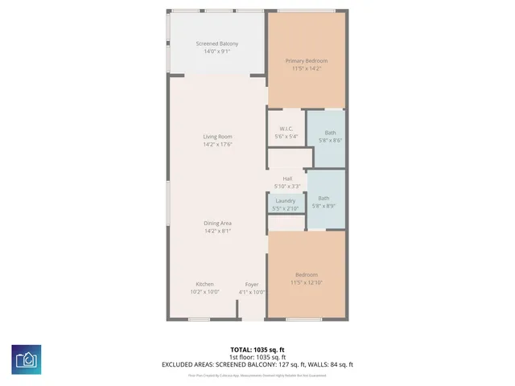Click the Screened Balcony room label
(217, 43)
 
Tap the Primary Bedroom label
(307, 60)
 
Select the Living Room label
(217, 137)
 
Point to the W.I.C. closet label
(286, 129)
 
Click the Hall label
(287, 179)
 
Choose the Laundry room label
(286, 200)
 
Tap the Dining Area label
(217, 224)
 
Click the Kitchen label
(205, 285)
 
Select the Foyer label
(252, 285)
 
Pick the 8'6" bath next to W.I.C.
(331, 133)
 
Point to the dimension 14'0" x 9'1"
(217, 51)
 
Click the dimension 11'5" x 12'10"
(307, 283)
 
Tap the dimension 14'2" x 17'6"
(217, 145)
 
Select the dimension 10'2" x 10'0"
(205, 292)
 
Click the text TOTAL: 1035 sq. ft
(257, 350)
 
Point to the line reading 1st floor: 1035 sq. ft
(257, 357)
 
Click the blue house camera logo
(27, 359)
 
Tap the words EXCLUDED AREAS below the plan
(190, 364)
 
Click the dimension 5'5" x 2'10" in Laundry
(286, 208)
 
